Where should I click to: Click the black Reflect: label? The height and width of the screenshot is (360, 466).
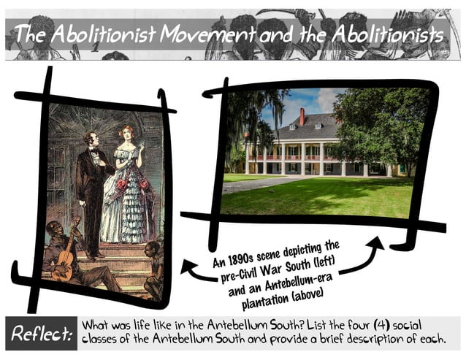point(41,333)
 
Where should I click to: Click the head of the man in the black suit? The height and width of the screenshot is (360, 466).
point(90,139)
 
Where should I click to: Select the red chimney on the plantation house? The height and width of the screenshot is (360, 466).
point(302,116)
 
